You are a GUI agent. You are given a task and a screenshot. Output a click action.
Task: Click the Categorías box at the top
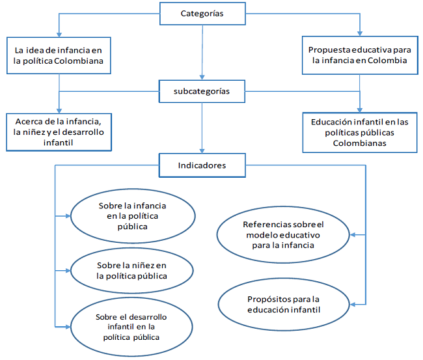[x=202, y=14]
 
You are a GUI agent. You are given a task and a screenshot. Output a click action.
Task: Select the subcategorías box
[x=202, y=92]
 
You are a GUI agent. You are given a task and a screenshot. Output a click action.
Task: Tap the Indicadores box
[x=202, y=165]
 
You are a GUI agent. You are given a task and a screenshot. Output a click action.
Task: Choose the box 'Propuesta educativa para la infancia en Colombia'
[x=359, y=55]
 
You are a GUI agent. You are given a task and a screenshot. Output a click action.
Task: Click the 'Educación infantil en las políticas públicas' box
[x=359, y=132]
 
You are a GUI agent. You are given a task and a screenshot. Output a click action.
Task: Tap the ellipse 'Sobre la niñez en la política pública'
[x=132, y=270]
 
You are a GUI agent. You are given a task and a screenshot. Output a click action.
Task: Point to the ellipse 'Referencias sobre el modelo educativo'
[x=283, y=235]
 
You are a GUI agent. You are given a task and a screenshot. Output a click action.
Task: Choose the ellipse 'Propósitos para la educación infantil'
[x=283, y=304]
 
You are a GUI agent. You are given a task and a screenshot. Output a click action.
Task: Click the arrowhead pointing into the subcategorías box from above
[x=202, y=77]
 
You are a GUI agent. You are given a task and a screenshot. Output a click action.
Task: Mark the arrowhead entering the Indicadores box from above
[x=202, y=151]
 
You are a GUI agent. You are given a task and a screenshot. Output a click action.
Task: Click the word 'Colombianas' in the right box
[x=359, y=143]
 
